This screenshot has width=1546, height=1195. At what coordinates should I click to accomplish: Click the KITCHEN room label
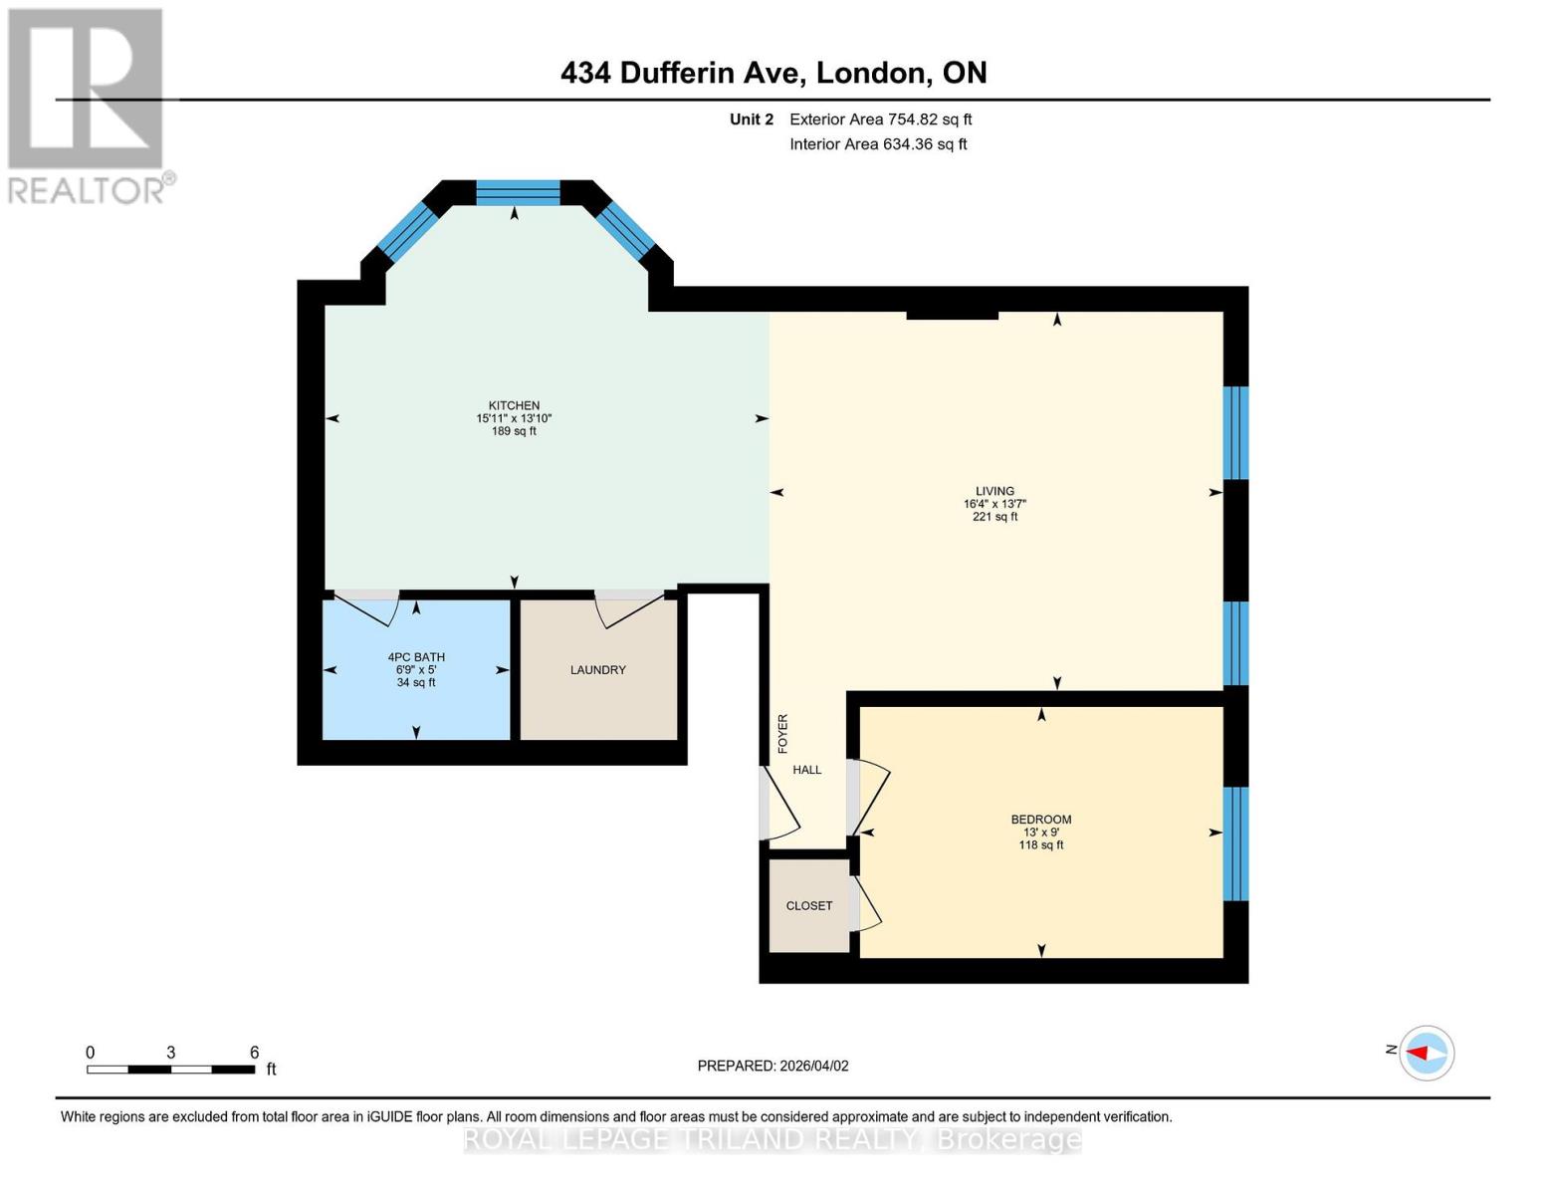[514, 405]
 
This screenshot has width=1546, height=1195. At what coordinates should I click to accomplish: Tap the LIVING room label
[994, 491]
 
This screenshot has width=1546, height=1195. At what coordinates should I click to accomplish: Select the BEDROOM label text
[1040, 820]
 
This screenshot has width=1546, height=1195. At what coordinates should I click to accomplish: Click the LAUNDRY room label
[597, 670]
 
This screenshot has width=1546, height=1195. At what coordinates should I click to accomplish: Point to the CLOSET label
[808, 906]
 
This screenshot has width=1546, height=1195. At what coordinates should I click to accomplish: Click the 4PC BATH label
[416, 657]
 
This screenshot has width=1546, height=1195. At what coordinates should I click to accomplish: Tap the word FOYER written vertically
[782, 733]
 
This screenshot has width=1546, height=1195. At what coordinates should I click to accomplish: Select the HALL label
[806, 770]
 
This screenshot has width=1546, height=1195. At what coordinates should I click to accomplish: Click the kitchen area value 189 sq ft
[514, 431]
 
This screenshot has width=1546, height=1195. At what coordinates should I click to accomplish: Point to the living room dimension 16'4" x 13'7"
[994, 504]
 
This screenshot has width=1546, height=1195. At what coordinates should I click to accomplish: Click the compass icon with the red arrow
[1427, 1053]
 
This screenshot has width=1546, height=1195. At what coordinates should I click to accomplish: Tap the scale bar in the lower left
[170, 1070]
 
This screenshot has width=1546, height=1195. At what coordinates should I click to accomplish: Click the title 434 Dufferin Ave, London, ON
[773, 73]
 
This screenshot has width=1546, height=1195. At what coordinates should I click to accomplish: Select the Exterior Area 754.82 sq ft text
[880, 119]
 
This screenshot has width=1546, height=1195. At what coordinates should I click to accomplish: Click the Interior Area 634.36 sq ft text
[878, 144]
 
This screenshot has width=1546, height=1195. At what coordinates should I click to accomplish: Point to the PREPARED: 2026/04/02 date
[773, 1066]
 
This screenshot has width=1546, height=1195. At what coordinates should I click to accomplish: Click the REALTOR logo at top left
[87, 105]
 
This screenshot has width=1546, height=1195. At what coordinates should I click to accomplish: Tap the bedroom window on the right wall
[1234, 843]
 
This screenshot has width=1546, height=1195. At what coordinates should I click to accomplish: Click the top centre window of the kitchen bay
[518, 192]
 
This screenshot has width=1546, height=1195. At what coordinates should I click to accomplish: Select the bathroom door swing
[365, 607]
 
